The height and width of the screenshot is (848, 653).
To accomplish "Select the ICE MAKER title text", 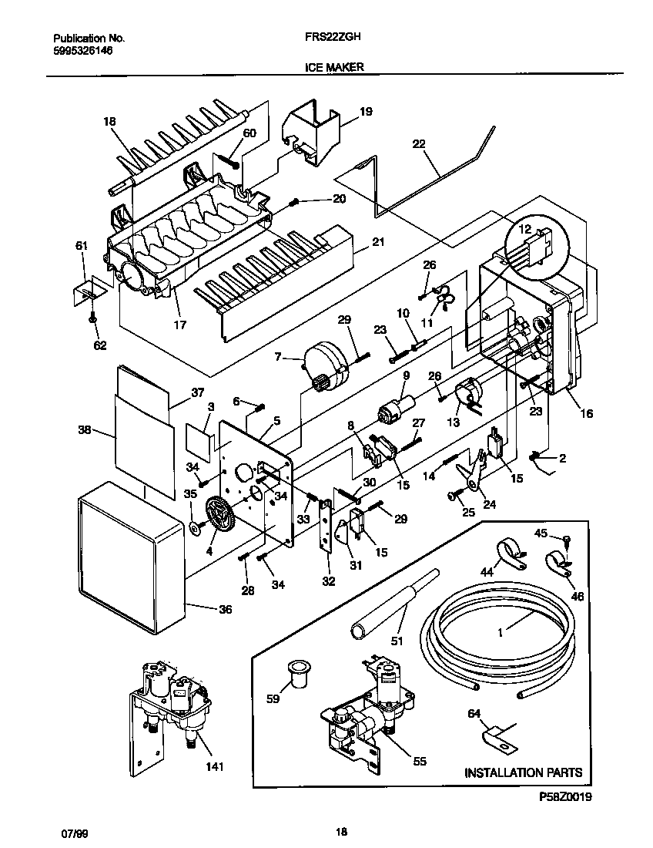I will click(x=328, y=67).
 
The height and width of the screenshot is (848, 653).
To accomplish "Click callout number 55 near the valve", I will click(x=419, y=761).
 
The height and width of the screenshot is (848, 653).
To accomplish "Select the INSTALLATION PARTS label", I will click(x=523, y=772).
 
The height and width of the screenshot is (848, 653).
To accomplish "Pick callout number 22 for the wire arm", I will click(x=419, y=144).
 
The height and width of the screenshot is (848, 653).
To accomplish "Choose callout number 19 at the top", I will click(x=366, y=112).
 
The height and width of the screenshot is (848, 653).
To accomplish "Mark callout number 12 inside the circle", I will click(x=524, y=228).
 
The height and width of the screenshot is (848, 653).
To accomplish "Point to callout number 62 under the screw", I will click(x=100, y=345).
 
